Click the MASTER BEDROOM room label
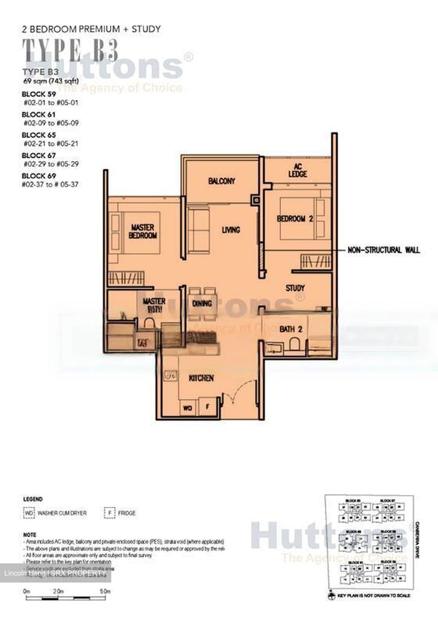click(143, 231)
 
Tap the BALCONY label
click(221, 181)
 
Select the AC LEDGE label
click(297, 170)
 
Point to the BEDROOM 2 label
click(295, 219)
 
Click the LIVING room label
click(231, 230)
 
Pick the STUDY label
click(295, 288)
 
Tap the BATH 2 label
click(291, 329)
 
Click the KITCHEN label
click(201, 378)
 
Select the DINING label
click(202, 303)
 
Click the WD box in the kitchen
click(188, 408)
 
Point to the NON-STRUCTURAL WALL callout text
click(383, 250)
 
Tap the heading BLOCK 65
click(39, 135)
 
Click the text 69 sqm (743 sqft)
click(51, 81)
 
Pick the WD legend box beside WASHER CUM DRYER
click(28, 513)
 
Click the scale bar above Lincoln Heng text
click(67, 599)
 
